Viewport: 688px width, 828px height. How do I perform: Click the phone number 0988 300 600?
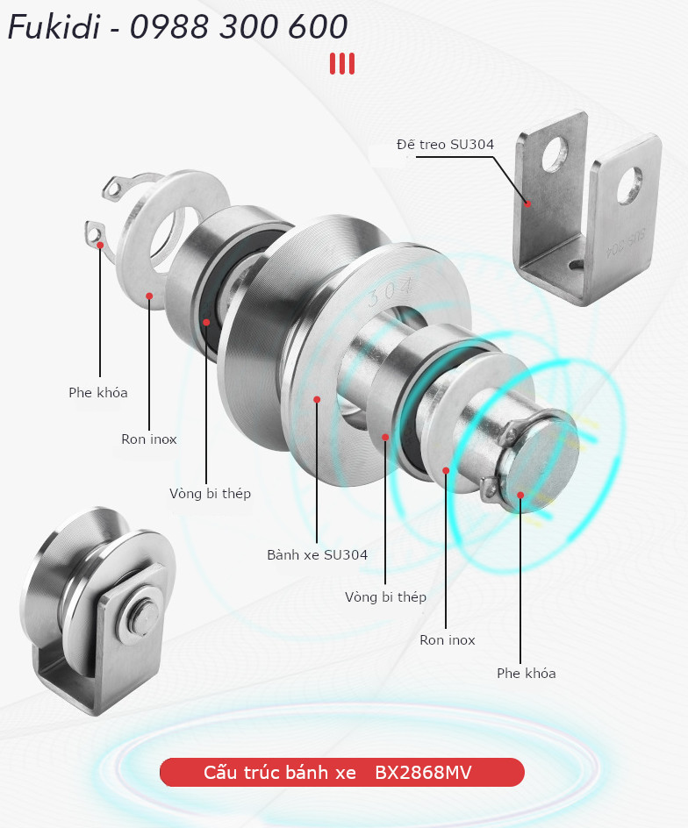point(239,26)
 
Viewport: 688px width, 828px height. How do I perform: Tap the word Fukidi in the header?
point(54,26)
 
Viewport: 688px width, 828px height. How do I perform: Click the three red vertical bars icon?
point(342,64)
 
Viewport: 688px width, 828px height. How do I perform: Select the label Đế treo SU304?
point(445,144)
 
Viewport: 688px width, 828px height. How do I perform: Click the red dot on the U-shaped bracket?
point(527,203)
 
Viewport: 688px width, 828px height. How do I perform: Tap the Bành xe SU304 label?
point(317,555)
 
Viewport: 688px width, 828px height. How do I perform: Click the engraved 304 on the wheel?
point(391,293)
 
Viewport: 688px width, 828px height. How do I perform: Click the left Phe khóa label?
point(98,392)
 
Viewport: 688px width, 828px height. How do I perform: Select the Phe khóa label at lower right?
point(527,674)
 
